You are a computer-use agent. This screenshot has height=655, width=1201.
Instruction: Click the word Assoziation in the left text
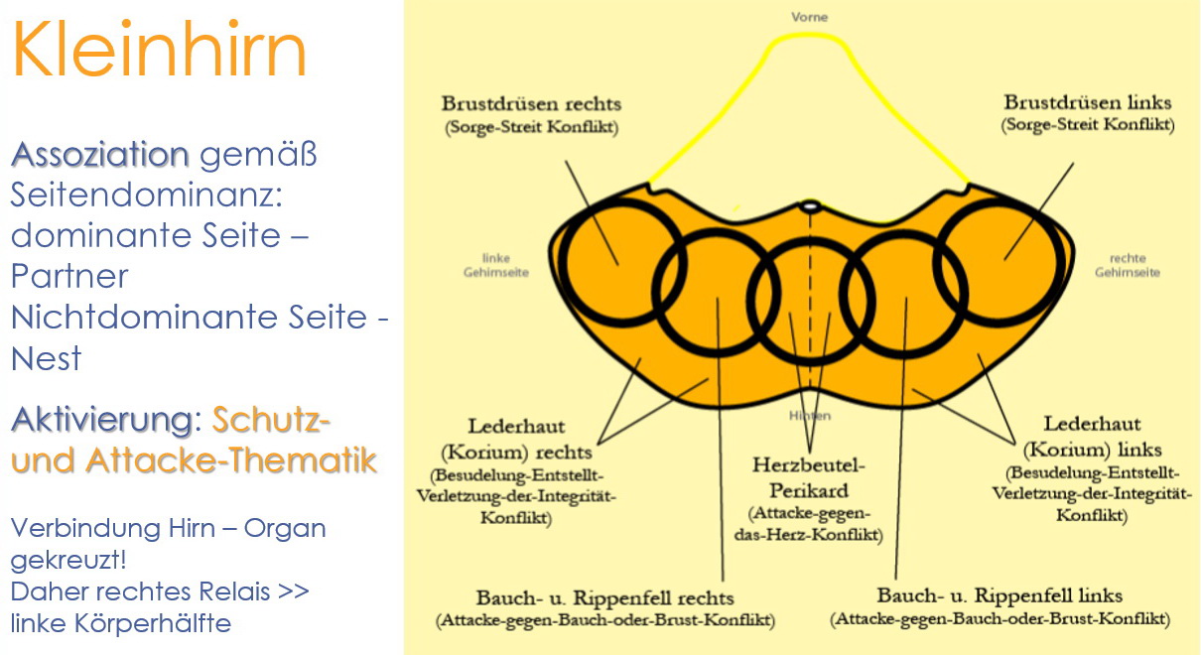[99, 155]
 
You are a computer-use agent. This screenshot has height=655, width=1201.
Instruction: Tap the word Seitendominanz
[147, 196]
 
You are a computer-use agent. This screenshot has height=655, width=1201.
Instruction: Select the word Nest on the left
[46, 358]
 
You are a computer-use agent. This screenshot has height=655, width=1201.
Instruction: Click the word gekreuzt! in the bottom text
[68, 561]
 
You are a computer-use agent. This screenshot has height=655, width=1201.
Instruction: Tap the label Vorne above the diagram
[809, 17]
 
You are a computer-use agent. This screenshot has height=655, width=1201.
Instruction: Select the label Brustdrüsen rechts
[531, 104]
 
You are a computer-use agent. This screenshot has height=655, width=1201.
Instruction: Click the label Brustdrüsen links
[1087, 103]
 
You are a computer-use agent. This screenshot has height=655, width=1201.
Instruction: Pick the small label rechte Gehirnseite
[1127, 265]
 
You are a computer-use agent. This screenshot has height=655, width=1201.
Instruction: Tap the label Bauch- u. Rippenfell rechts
[604, 597]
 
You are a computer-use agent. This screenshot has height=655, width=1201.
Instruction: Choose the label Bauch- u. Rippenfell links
[1000, 595]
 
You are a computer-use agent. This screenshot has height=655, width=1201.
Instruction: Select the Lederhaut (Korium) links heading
[1091, 437]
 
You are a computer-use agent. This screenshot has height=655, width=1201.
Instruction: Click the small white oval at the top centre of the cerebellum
[811, 206]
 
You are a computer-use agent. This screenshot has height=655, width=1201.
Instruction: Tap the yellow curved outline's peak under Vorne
[809, 37]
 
